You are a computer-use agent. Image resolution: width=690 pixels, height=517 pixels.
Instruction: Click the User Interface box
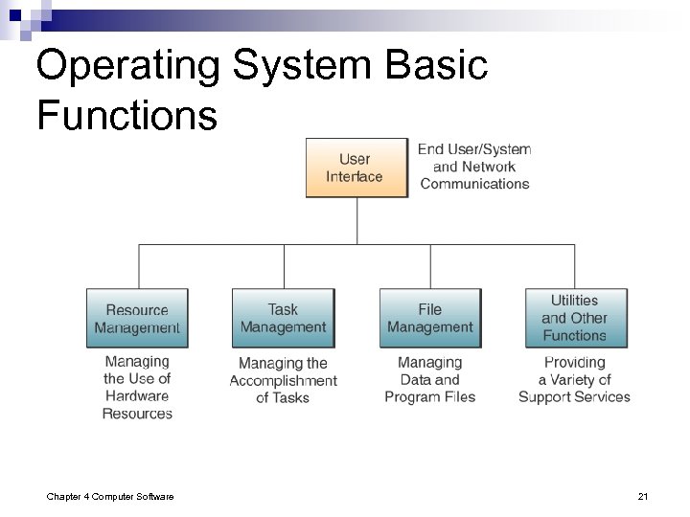[x=356, y=168]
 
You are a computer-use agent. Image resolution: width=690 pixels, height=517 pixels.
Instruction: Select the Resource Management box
[x=137, y=318]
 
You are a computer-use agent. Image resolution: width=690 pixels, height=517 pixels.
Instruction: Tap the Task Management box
[x=283, y=318]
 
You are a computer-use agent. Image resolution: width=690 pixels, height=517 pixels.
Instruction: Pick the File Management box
[x=429, y=318]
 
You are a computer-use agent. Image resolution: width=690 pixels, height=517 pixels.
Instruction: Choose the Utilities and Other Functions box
[x=575, y=318]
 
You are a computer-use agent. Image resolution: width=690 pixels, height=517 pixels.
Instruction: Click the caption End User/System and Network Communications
[x=474, y=167]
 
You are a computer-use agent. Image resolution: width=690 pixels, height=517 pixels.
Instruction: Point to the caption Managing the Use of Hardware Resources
[x=137, y=388]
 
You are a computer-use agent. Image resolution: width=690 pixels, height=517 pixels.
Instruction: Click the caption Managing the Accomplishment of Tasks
[x=283, y=380]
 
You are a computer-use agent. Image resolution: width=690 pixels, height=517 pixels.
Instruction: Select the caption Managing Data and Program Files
[x=429, y=379]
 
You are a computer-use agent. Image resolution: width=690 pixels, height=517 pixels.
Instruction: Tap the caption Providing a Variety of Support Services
[x=575, y=379]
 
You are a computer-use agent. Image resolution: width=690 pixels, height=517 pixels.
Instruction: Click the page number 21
[x=643, y=495]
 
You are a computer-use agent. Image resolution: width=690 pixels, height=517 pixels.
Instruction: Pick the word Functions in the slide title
[x=126, y=116]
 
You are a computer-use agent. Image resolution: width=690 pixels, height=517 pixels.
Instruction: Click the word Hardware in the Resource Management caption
[x=137, y=396]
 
